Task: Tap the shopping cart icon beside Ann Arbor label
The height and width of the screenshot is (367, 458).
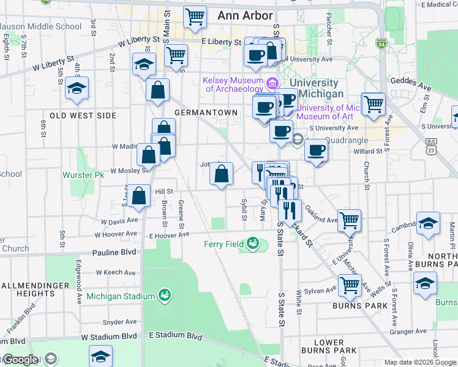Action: tap(195, 17)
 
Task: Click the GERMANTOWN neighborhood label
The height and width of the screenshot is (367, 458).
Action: tap(206, 113)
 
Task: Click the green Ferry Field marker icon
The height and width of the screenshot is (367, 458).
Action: tap(252, 245)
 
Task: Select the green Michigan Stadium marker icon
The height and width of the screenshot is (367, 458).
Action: tap(164, 296)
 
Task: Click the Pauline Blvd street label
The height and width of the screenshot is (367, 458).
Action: tap(116, 252)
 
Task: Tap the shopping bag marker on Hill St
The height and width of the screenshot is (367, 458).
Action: tap(140, 196)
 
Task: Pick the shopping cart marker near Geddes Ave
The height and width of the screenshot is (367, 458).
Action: tap(373, 103)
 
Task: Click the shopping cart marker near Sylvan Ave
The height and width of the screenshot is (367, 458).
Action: tap(349, 284)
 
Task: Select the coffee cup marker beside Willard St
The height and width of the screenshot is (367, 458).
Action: tap(316, 150)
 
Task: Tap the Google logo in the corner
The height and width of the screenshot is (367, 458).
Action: tap(20, 360)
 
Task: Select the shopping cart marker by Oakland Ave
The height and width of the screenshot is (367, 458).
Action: tap(349, 220)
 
